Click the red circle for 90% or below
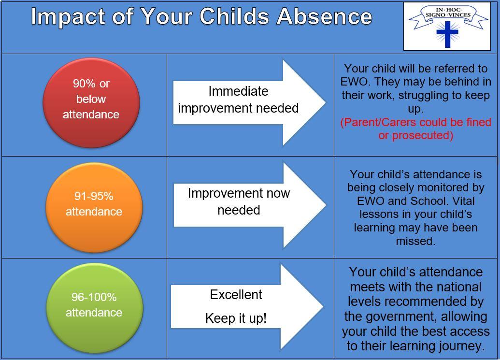coord(91,102)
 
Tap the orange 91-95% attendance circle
coord(94,208)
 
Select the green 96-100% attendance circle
coord(95,308)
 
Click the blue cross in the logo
coord(447,33)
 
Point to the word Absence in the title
coord(325,16)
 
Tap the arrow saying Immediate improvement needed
coord(249,102)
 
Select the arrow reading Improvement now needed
coord(250,205)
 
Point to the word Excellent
coord(236,294)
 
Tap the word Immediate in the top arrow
coord(238,91)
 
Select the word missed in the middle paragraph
coord(415,241)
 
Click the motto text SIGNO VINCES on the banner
coord(448,14)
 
